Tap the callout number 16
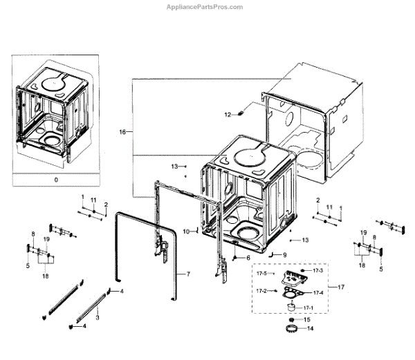[x=122, y=131]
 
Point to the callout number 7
[x=187, y=274]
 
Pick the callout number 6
[x=247, y=258]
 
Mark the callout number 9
[x=284, y=254]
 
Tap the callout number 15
[x=308, y=320]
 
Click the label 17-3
[x=317, y=270]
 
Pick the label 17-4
[x=319, y=292]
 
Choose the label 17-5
[x=262, y=274]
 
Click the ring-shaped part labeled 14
[x=290, y=329]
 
